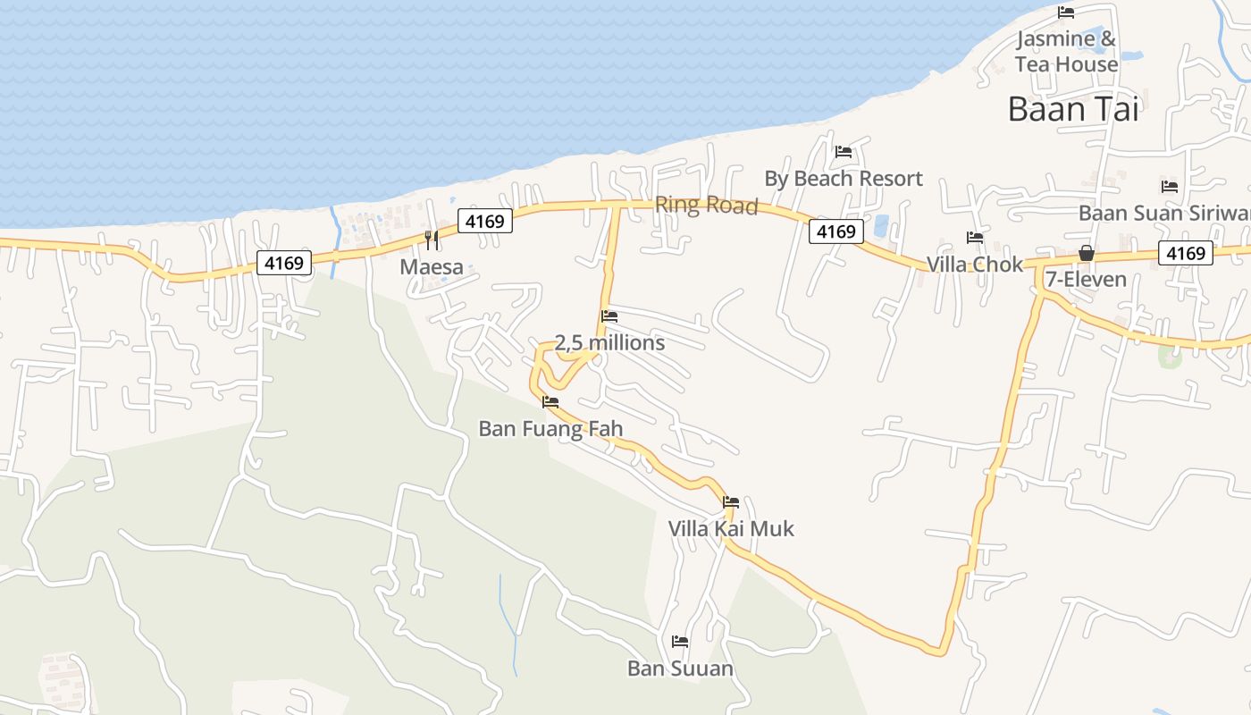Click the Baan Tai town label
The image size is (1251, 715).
(x=1073, y=109)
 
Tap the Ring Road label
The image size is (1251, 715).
(x=706, y=205)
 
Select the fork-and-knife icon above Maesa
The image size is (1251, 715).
(x=432, y=240)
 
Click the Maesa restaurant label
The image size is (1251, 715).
(x=432, y=266)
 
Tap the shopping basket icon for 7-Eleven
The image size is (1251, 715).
(x=1087, y=253)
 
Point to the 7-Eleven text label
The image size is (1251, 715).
(x=1086, y=280)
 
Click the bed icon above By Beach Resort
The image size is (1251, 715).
(x=843, y=152)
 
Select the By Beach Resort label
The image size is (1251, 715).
(x=843, y=179)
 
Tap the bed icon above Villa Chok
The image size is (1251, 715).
(x=975, y=238)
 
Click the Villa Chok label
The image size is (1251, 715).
(x=974, y=265)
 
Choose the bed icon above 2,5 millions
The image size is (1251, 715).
(x=609, y=316)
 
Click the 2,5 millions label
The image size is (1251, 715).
(x=609, y=343)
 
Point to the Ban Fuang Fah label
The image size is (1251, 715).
(x=550, y=429)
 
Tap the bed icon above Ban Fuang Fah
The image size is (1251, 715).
(x=550, y=402)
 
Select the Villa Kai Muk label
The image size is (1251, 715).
(x=731, y=529)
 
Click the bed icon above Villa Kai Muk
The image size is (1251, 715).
(x=731, y=502)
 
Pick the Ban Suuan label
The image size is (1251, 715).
(x=680, y=669)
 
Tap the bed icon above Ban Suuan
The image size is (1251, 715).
(x=680, y=642)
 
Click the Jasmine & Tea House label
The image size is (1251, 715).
(x=1066, y=52)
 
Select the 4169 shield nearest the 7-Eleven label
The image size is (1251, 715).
(x=1186, y=253)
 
